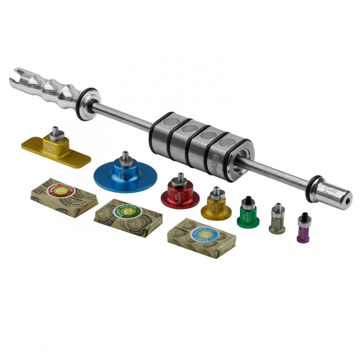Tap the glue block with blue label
pyautogui.click(x=201, y=238)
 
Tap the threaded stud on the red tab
pyautogui.click(x=181, y=178)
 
